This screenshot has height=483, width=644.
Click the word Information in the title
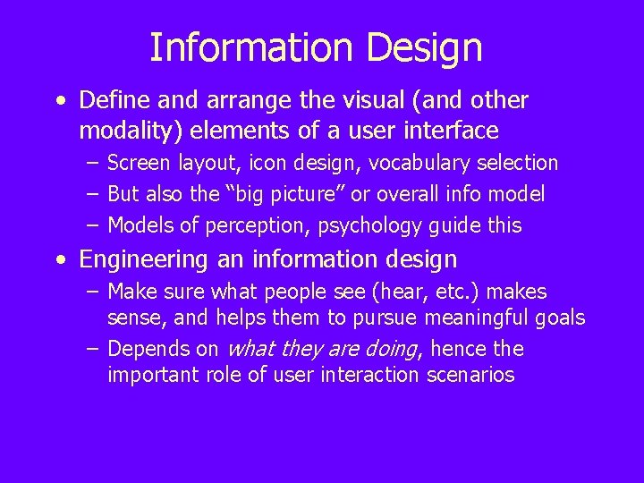[251, 47]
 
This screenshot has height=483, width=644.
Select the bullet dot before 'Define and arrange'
[61, 100]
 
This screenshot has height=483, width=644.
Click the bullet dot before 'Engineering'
[61, 260]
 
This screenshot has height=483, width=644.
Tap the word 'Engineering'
[143, 260]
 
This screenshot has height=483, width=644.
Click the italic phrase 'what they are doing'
[323, 350]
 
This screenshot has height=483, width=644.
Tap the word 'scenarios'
[470, 376]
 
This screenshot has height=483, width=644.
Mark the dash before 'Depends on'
[93, 350]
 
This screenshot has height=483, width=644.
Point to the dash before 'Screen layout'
[93, 164]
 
